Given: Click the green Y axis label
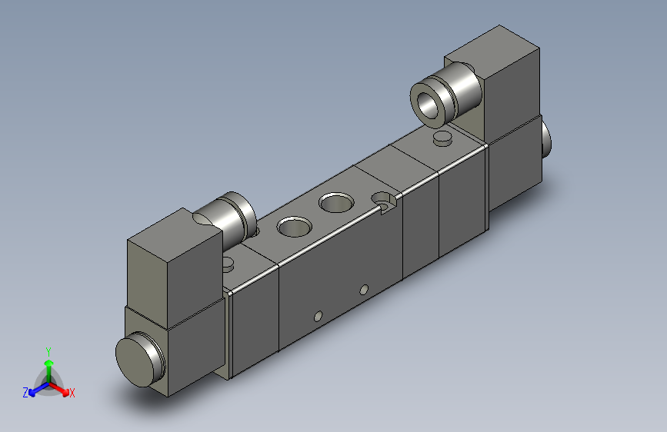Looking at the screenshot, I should [x=48, y=350].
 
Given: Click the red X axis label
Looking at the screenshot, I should [x=72, y=393].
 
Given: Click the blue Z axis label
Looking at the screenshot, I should [x=25, y=392].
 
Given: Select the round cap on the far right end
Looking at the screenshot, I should [x=546, y=137].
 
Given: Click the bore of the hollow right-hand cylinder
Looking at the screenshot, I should [x=429, y=104].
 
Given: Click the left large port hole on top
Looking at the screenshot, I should [x=292, y=227].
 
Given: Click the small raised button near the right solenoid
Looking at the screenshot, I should [x=442, y=138].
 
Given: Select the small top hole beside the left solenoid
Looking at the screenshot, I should [x=228, y=264].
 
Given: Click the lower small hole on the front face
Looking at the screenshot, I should [x=317, y=315].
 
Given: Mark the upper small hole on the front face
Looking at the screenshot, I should [x=363, y=291].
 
